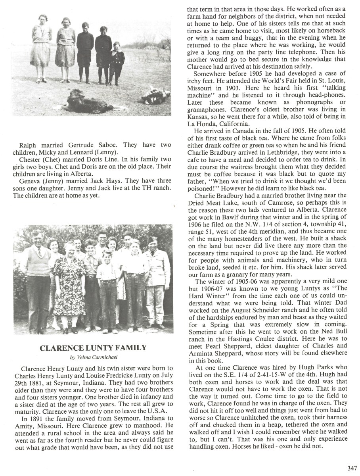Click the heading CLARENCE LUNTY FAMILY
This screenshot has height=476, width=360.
93,348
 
